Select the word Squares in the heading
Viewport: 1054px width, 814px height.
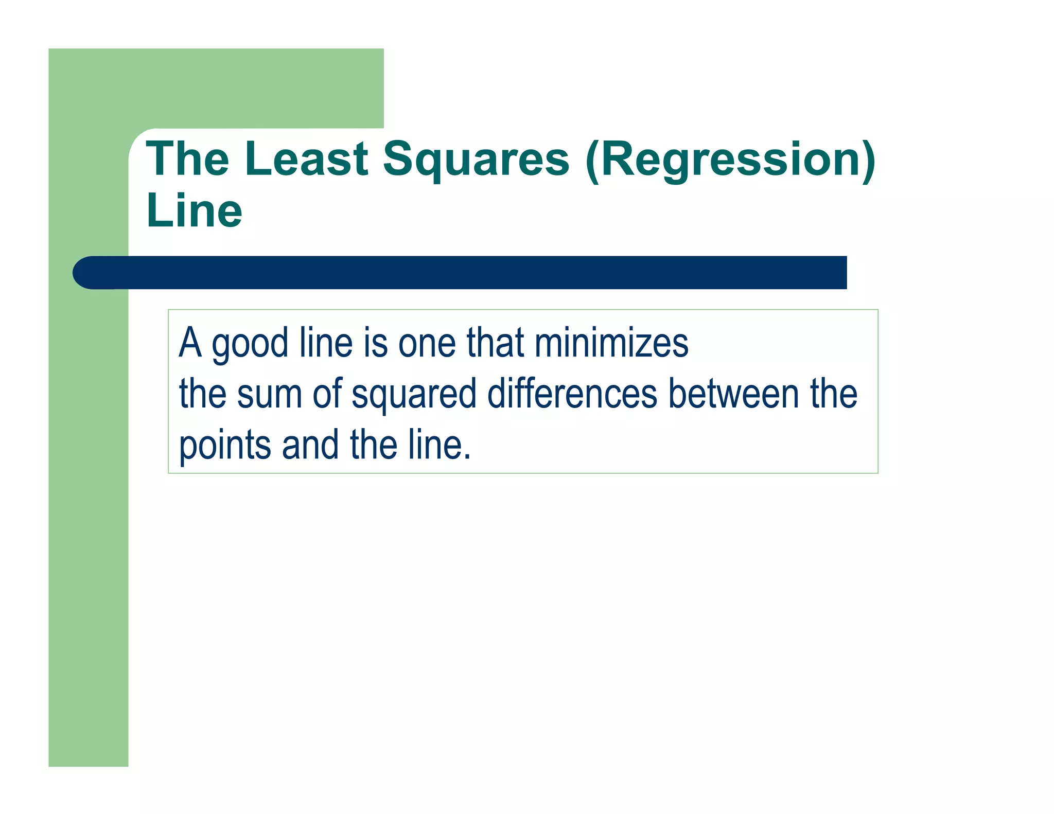pyautogui.click(x=476, y=160)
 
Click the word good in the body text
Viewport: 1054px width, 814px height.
pyautogui.click(x=250, y=344)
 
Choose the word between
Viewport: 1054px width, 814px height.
pyautogui.click(x=734, y=394)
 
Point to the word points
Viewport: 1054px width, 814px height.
pyautogui.click(x=225, y=446)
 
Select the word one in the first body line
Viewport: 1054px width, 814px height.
pyautogui.click(x=427, y=344)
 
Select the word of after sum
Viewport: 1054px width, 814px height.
pyautogui.click(x=327, y=394)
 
